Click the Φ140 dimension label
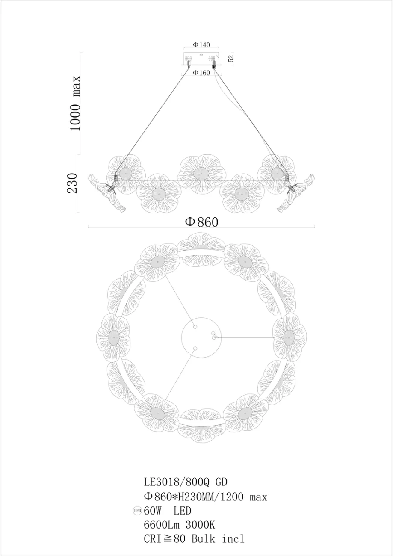coord(201,45)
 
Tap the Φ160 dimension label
coord(201,73)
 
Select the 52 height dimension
coord(231,58)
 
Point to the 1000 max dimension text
coord(75,103)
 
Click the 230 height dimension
coord(72,183)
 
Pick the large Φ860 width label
coord(202,222)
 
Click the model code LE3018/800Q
coord(177,482)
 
